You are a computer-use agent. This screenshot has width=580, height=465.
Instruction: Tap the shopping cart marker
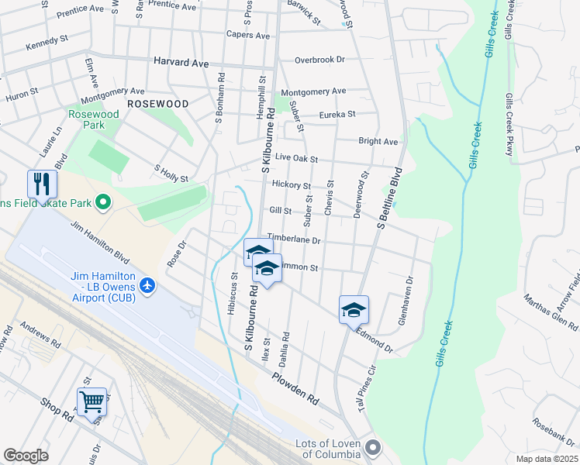point(91,401)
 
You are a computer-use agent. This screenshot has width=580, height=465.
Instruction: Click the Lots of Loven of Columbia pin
point(374,447)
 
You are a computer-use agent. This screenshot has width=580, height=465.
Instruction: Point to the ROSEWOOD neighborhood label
point(157,103)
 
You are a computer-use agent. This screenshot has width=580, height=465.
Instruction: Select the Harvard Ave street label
point(182,60)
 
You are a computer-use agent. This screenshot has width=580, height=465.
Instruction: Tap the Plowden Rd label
point(295,389)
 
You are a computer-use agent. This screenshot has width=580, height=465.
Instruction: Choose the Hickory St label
point(292,186)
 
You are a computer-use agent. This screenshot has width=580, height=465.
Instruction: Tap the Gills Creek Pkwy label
point(509,124)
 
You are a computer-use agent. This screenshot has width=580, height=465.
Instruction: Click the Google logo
point(26,455)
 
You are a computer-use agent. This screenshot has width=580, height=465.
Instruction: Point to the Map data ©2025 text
point(547,459)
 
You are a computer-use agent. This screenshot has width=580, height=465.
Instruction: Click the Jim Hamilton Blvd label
point(99,239)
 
